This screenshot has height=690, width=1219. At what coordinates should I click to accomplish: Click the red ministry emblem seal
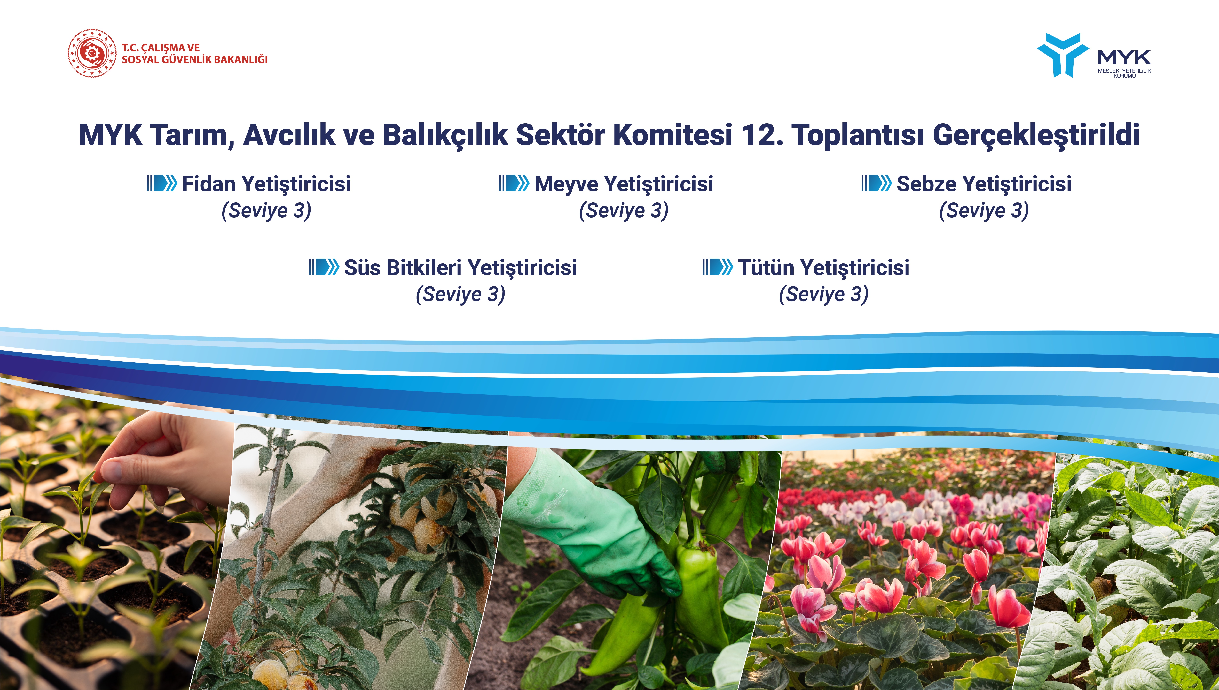91,53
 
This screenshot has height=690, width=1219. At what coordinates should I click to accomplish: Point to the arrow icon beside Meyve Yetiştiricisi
514,183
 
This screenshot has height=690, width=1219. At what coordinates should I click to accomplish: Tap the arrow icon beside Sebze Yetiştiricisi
877,183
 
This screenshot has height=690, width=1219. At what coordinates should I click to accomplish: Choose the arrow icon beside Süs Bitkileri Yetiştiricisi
324,267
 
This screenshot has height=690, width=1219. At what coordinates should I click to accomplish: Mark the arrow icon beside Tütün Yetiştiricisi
718,267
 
